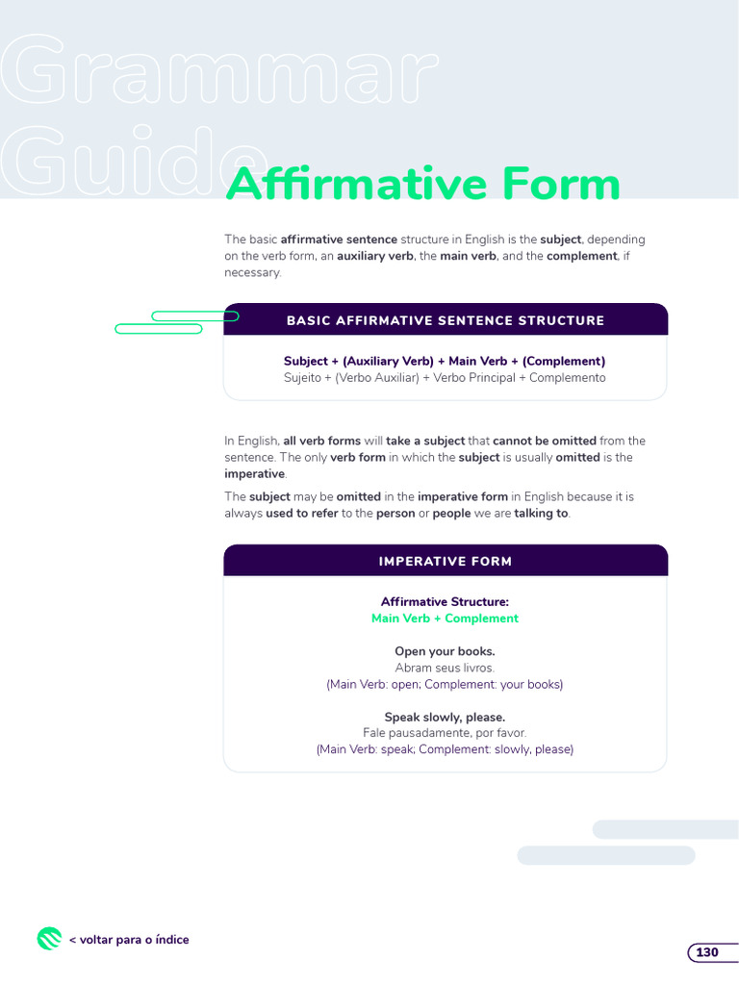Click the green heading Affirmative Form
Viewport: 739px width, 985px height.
[x=422, y=184]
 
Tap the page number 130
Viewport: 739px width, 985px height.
[x=707, y=952]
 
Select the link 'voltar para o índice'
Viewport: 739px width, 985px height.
[x=129, y=940]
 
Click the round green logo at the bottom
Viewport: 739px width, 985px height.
[x=49, y=939]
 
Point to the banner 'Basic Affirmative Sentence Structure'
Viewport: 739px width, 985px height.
[x=446, y=320]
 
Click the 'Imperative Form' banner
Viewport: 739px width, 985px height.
[x=446, y=561]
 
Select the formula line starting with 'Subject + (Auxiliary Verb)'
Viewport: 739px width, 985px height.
[x=445, y=361]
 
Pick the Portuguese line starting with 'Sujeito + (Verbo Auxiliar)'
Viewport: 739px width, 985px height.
[x=445, y=378]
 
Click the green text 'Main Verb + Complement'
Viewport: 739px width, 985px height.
[x=445, y=619]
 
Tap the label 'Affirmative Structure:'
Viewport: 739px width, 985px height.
[x=445, y=602]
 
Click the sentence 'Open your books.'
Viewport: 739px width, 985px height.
[x=445, y=651]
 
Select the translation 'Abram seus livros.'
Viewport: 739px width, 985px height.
[x=445, y=668]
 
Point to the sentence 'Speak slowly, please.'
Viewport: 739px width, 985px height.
[x=445, y=717]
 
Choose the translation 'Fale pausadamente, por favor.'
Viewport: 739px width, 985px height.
[x=445, y=733]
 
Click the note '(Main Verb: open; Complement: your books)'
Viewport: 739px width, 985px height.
[x=445, y=684]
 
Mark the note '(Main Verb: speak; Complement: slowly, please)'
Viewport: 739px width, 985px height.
[x=445, y=749]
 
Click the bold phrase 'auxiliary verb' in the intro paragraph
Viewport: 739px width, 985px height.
[x=375, y=256]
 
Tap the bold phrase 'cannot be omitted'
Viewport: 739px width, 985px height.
[x=545, y=441]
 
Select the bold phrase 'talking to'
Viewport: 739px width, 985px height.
[x=541, y=514]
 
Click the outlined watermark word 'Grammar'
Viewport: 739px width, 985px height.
[x=217, y=72]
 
